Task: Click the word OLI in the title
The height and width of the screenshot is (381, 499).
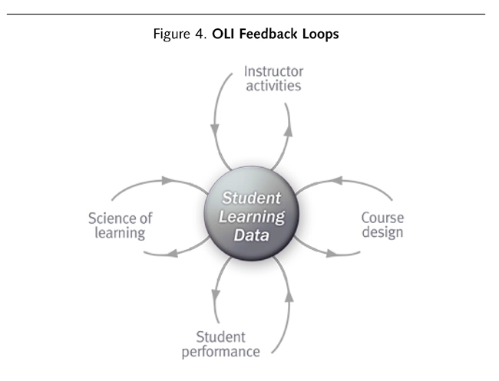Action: coord(223,34)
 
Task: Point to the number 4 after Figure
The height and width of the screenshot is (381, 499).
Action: coord(199,34)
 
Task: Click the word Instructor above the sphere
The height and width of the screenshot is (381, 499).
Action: coord(274,71)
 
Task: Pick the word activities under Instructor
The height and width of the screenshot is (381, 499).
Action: coord(274,86)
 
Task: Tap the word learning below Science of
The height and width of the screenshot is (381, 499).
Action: coord(120,233)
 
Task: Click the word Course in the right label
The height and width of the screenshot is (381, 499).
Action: coord(382,218)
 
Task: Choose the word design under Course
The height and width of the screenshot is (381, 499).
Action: coord(382,232)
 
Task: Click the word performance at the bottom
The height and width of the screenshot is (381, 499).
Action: coord(221,352)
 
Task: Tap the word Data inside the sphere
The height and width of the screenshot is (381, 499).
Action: coord(251,235)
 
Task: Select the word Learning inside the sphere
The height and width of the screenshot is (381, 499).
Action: coord(252,217)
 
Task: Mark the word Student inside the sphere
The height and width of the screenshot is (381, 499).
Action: coord(251,198)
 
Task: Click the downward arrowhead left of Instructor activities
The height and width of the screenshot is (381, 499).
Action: coord(215,130)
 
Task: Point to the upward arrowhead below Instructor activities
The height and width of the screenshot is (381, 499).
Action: coord(289,130)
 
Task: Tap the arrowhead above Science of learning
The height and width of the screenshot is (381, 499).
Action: coord(167,180)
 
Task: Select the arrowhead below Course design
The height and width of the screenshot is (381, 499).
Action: coord(332,254)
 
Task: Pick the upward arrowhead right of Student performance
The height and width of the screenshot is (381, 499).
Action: coord(289,296)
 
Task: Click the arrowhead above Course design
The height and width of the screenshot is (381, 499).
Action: coord(337,180)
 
